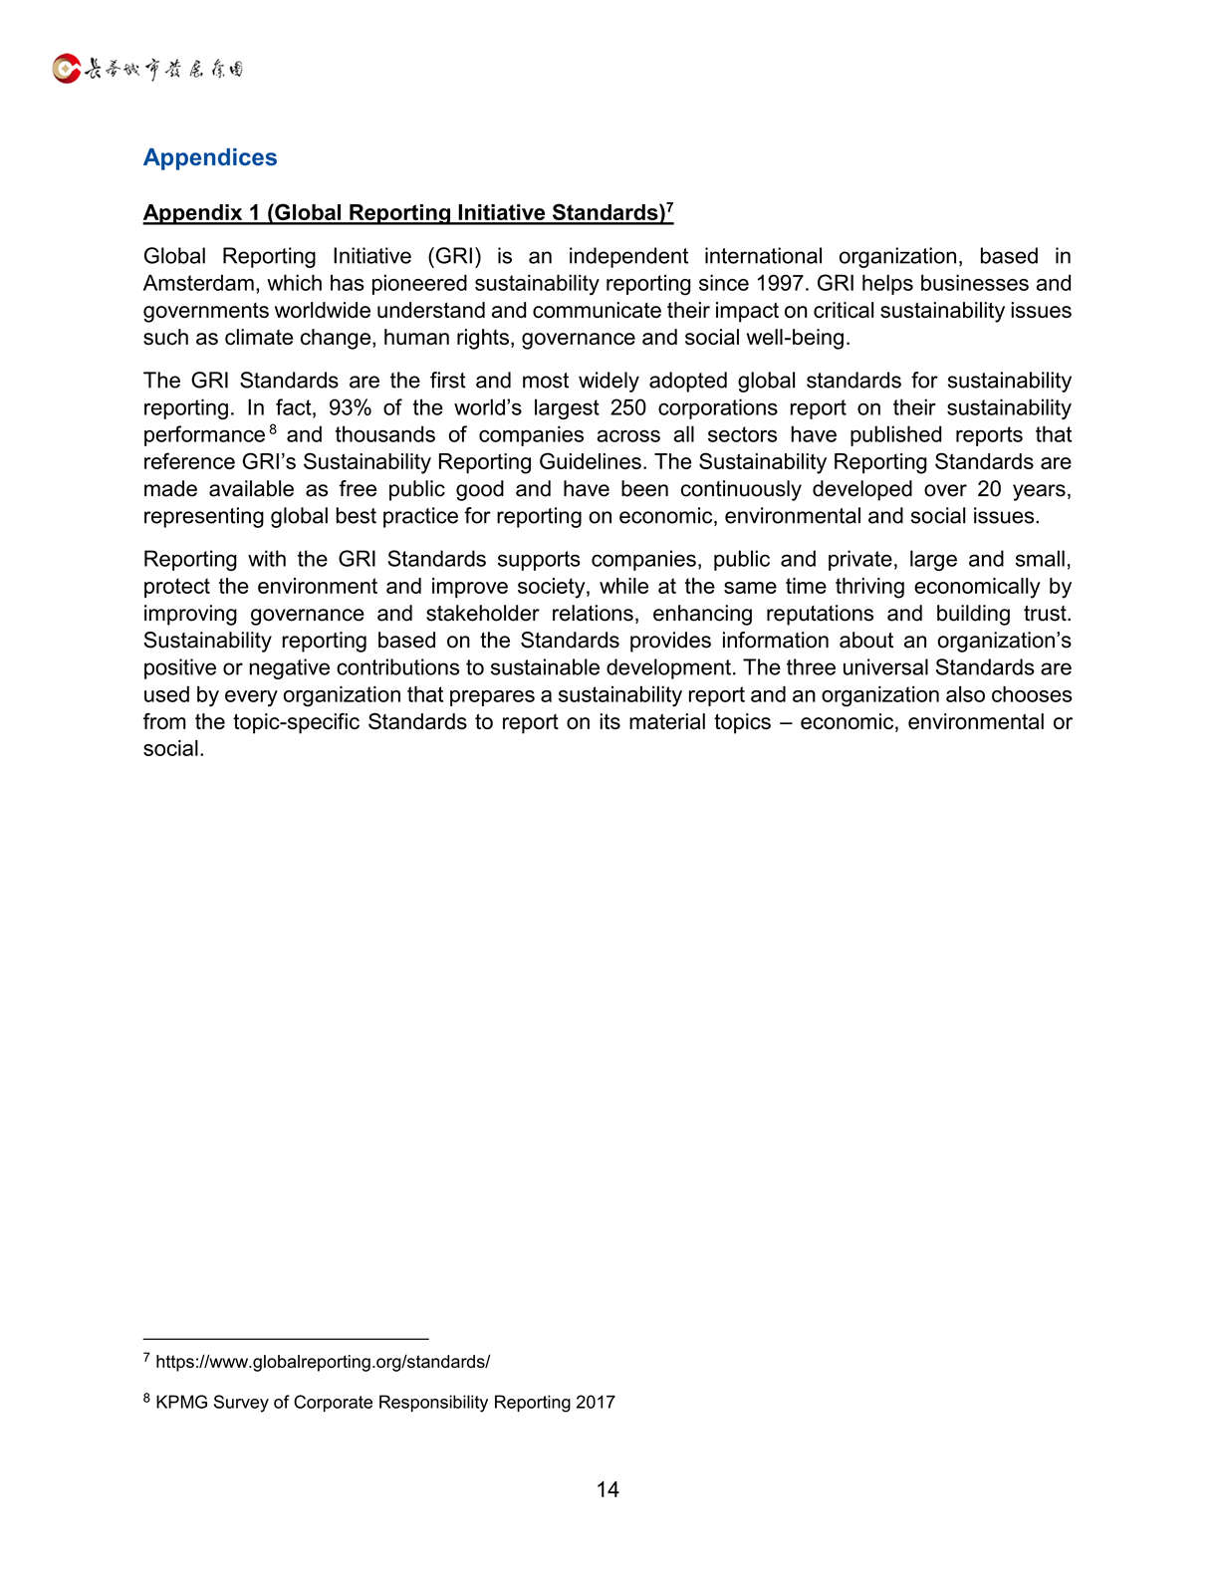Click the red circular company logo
[66, 69]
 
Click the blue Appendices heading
[210, 157]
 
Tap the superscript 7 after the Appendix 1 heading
[670, 208]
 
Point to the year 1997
[779, 284]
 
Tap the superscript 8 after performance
[273, 429]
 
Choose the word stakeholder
[482, 614]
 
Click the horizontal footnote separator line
[286, 1339]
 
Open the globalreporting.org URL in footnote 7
[323, 1362]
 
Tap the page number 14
[607, 1489]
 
